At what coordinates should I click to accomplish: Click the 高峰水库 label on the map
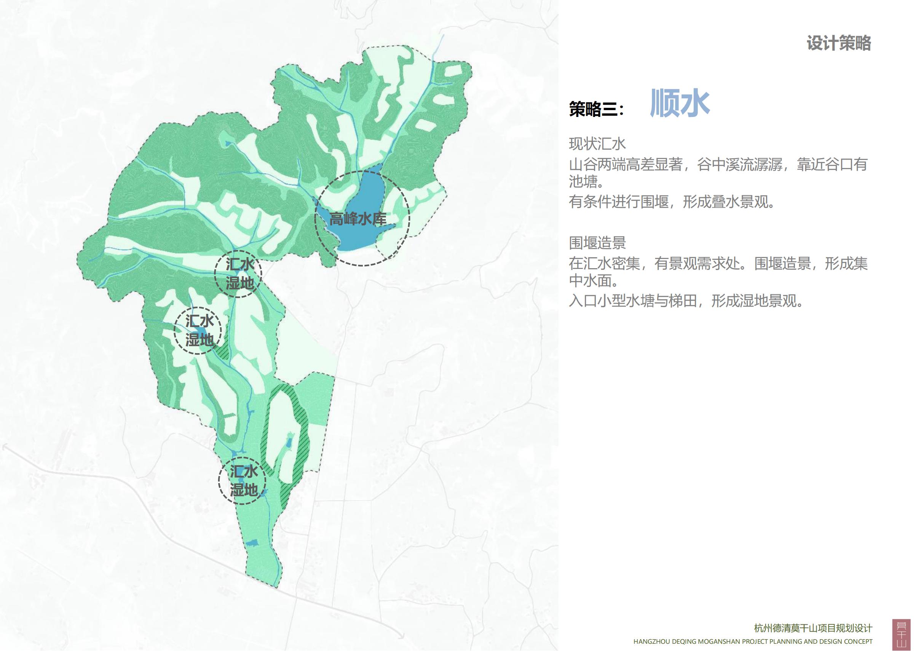[x=358, y=219]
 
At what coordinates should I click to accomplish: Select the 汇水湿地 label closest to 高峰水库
[x=239, y=274]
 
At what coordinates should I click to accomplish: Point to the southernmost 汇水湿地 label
[x=243, y=480]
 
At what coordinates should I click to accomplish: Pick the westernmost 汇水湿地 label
[x=200, y=331]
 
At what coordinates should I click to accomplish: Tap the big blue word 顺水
[x=680, y=104]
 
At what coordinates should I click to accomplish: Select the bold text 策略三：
[x=597, y=109]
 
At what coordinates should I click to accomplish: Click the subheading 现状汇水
[x=597, y=144]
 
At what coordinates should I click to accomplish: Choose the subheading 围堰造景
[x=597, y=243]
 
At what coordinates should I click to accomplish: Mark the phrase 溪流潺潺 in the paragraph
[x=755, y=165]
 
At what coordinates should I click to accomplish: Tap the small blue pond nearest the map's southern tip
[x=252, y=543]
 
